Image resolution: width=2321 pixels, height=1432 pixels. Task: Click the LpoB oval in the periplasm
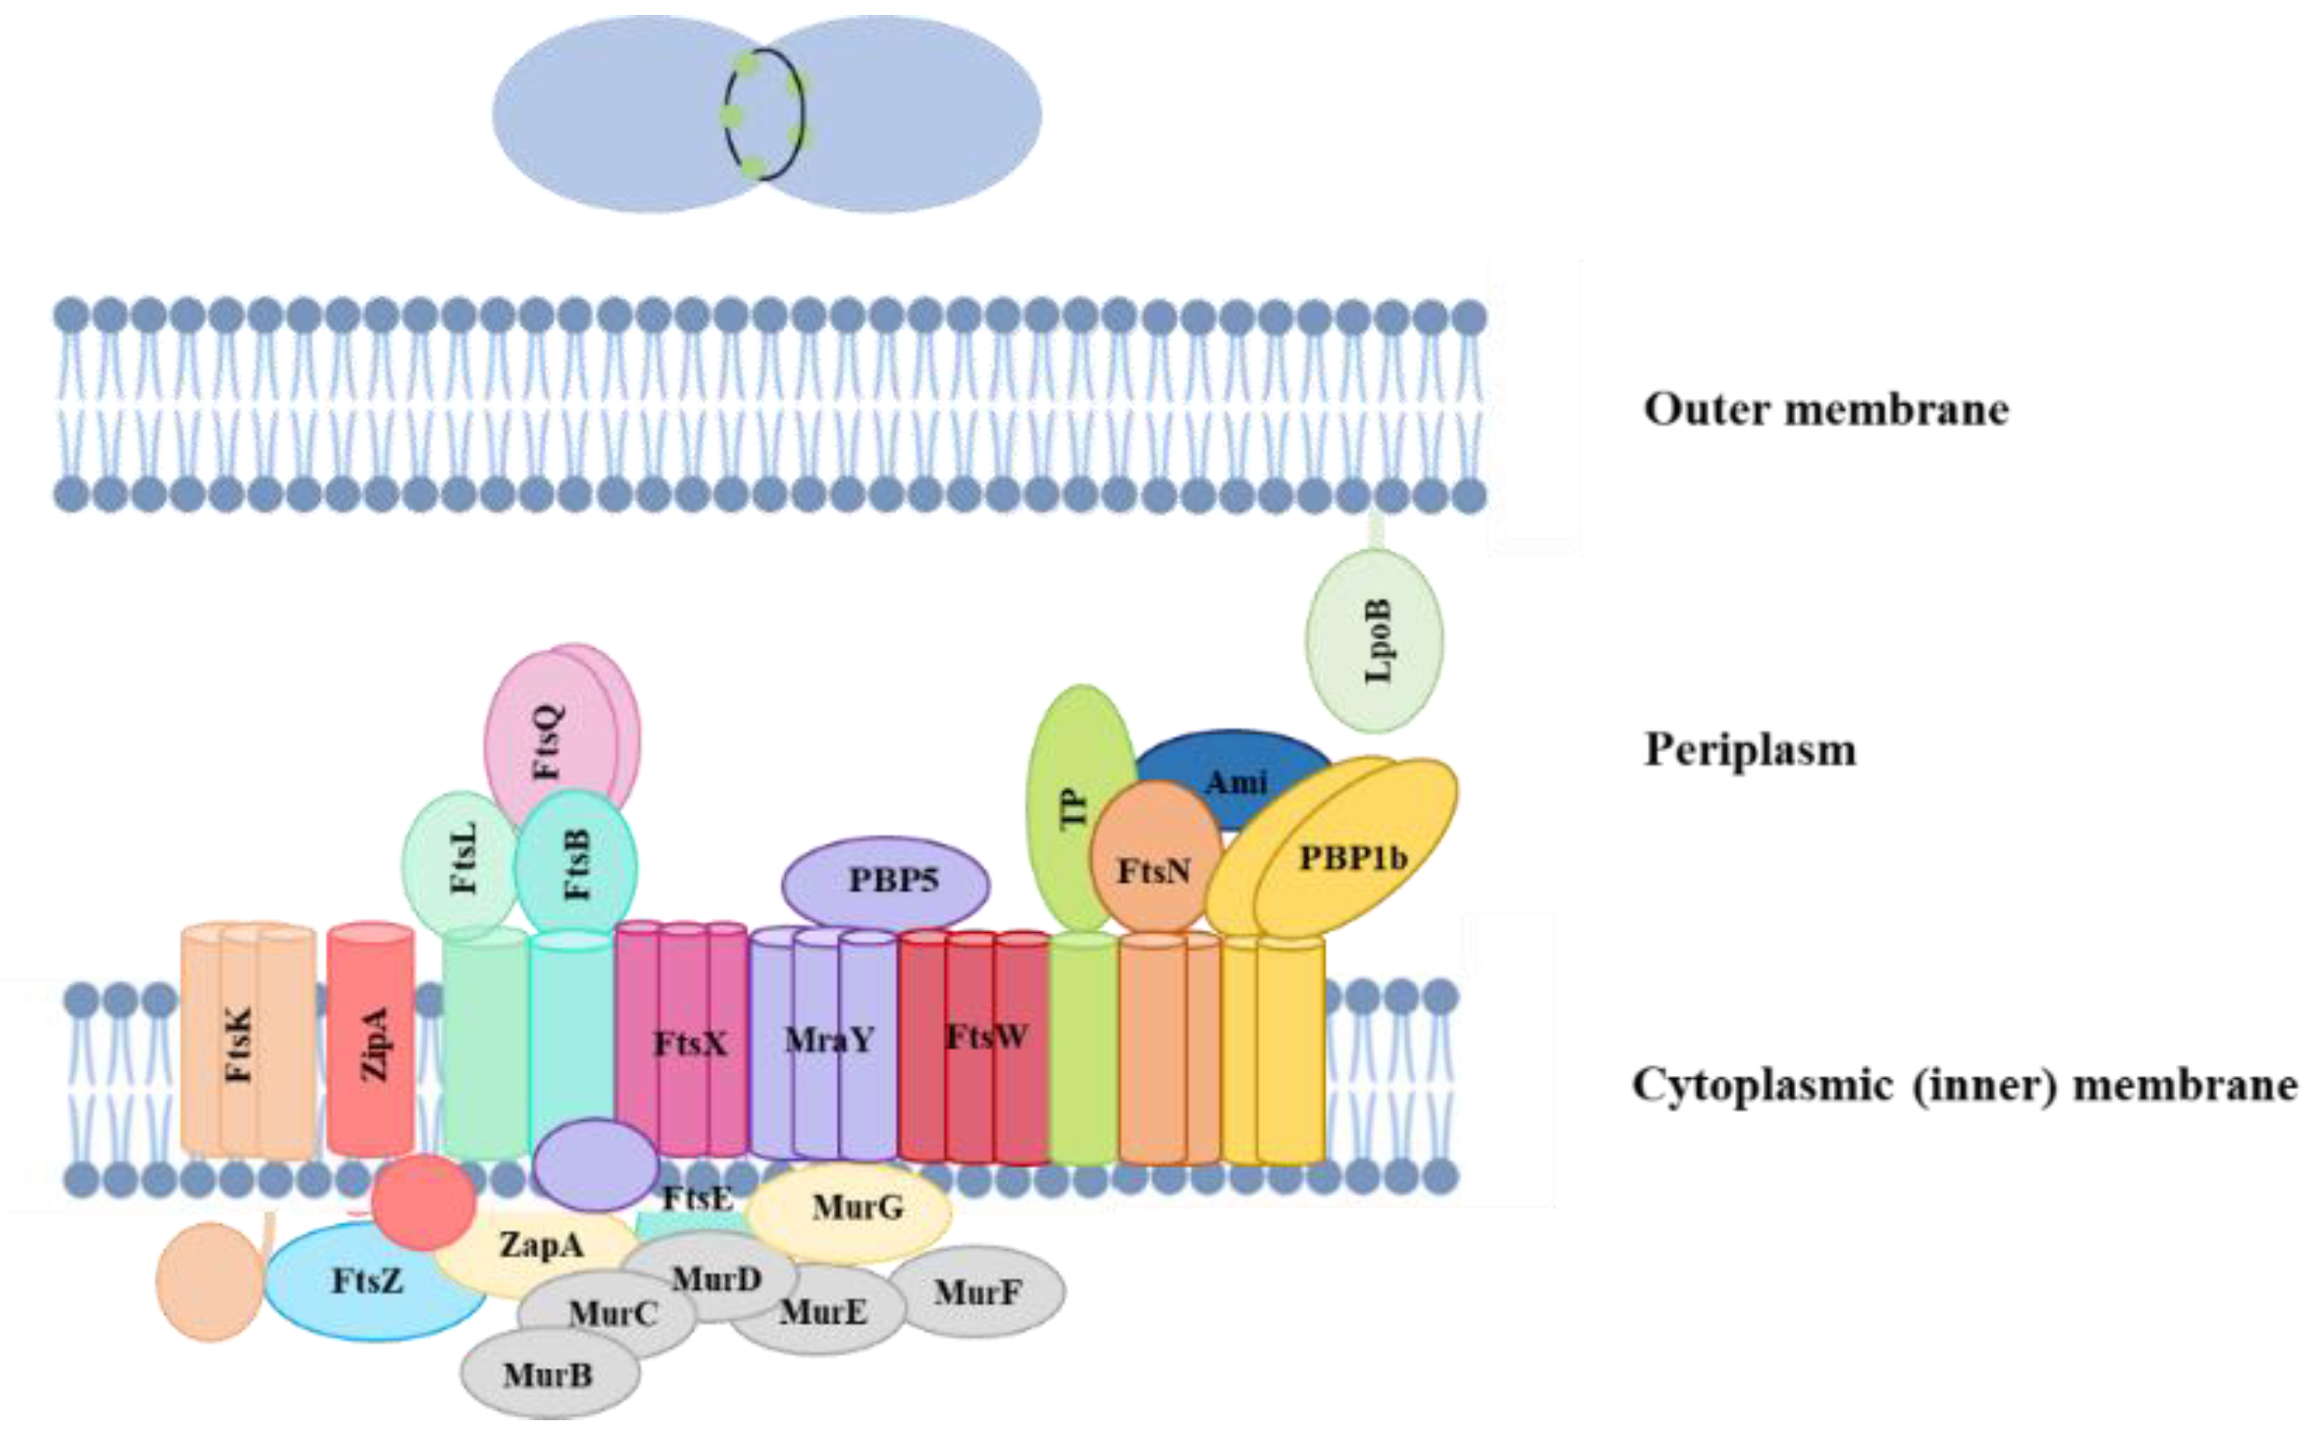(1374, 641)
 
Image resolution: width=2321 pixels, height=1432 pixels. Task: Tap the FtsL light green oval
(463, 857)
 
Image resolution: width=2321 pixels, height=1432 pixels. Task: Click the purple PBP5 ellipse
(885, 880)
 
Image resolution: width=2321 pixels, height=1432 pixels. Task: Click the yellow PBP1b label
(1352, 857)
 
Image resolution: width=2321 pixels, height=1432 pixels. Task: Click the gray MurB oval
(548, 1374)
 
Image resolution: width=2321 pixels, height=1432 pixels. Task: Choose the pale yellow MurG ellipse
(856, 1208)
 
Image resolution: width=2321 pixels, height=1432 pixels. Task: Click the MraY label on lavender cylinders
(829, 1040)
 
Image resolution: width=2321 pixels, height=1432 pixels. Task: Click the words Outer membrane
(1825, 409)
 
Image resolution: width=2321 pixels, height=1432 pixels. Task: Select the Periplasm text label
(1750, 749)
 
